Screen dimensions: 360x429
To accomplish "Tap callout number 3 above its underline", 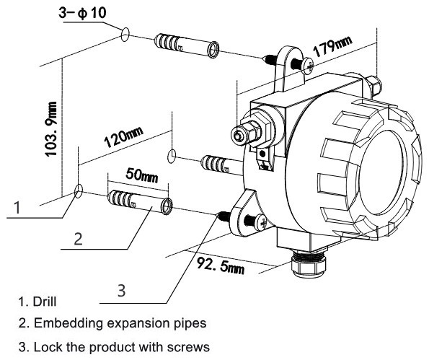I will (x=123, y=290).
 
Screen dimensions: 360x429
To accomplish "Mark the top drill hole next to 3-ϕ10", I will (x=125, y=33).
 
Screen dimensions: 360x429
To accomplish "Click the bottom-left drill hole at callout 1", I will (x=78, y=190).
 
